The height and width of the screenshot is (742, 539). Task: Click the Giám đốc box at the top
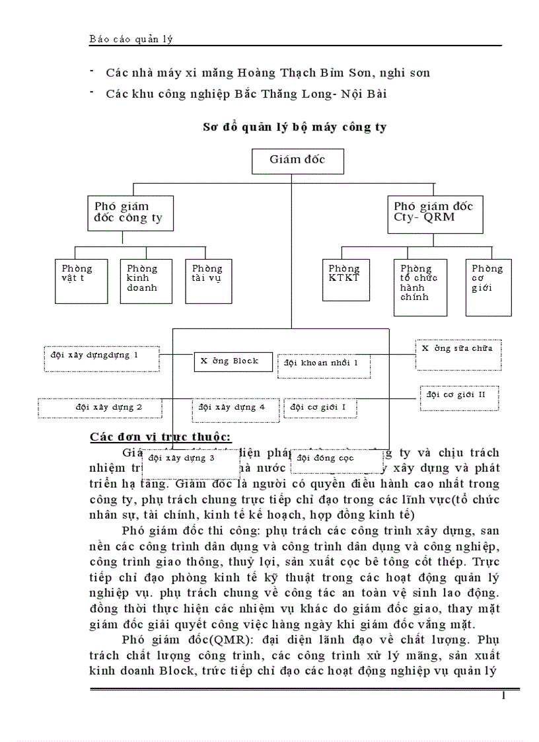click(298, 161)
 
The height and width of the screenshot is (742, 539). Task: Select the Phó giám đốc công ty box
click(130, 213)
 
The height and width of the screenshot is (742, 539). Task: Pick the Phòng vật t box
click(81, 281)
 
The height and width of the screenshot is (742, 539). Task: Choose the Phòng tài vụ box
click(207, 281)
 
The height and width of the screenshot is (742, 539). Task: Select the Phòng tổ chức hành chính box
click(420, 287)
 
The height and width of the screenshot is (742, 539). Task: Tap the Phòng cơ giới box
click(488, 287)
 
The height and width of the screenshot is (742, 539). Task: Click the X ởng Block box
click(233, 361)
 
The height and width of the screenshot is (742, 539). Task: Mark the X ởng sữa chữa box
click(457, 354)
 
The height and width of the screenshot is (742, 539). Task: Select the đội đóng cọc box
click(337, 461)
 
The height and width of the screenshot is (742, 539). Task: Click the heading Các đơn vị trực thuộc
click(160, 437)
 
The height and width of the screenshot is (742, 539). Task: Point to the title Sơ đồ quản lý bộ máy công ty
click(294, 127)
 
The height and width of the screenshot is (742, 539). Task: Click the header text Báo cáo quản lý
click(131, 39)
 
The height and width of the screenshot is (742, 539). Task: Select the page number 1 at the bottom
click(503, 696)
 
